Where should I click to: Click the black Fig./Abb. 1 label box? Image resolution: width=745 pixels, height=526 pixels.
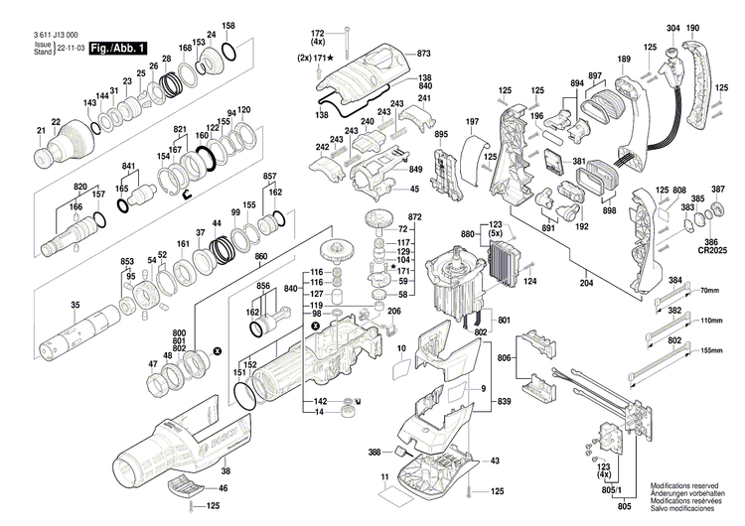(117, 48)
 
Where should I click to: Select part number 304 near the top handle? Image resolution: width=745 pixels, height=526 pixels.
(672, 27)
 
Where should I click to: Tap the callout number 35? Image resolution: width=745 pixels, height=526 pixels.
(47, 305)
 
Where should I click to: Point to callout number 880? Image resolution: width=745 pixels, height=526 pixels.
(467, 234)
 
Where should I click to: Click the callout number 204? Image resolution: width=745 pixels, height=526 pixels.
(587, 283)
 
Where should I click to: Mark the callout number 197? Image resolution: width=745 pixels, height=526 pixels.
(473, 121)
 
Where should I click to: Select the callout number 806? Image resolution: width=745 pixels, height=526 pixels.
(505, 357)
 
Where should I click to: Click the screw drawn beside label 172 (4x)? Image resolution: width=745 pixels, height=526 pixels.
(347, 40)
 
